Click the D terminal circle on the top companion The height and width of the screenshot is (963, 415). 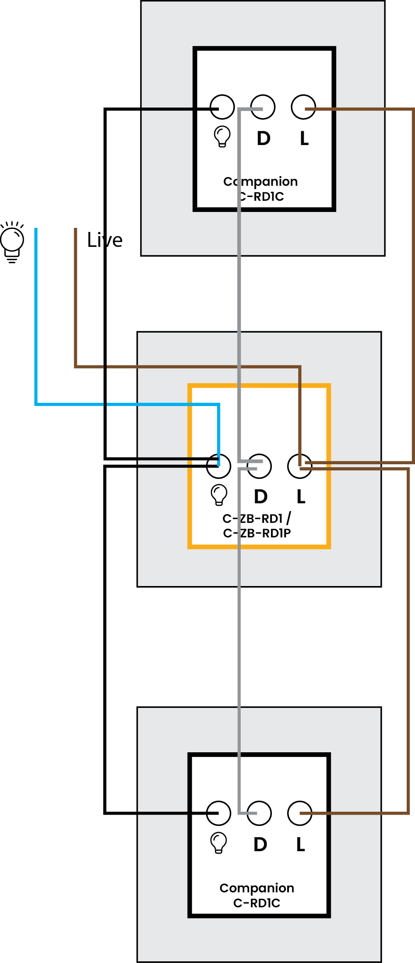pyautogui.click(x=263, y=107)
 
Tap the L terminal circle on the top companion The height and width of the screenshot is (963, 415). pyautogui.click(x=303, y=107)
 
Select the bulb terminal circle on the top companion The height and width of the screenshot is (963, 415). pyautogui.click(x=222, y=107)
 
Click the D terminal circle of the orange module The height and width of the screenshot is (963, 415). pyautogui.click(x=259, y=466)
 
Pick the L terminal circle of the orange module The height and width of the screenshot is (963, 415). pyautogui.click(x=300, y=466)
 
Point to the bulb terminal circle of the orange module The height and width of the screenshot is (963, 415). pyautogui.click(x=219, y=466)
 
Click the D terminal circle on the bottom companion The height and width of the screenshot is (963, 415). pyautogui.click(x=259, y=813)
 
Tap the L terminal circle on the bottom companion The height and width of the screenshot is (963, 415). pyautogui.click(x=300, y=813)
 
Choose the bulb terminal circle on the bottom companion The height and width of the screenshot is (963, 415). pyautogui.click(x=218, y=813)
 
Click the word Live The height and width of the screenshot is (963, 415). pyautogui.click(x=105, y=240)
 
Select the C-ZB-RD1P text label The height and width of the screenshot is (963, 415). pyautogui.click(x=257, y=533)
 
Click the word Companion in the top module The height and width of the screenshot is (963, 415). pyautogui.click(x=261, y=182)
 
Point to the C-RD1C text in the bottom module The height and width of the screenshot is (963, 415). pyautogui.click(x=257, y=903)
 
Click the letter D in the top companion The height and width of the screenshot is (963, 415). pyautogui.click(x=264, y=138)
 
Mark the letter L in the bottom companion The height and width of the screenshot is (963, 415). pyautogui.click(x=301, y=845)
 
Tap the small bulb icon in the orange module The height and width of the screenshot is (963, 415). pyautogui.click(x=219, y=495)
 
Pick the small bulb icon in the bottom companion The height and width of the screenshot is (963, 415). pyautogui.click(x=219, y=843)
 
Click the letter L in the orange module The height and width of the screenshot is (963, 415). pyautogui.click(x=301, y=497)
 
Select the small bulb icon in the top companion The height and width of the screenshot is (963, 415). pyautogui.click(x=222, y=136)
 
